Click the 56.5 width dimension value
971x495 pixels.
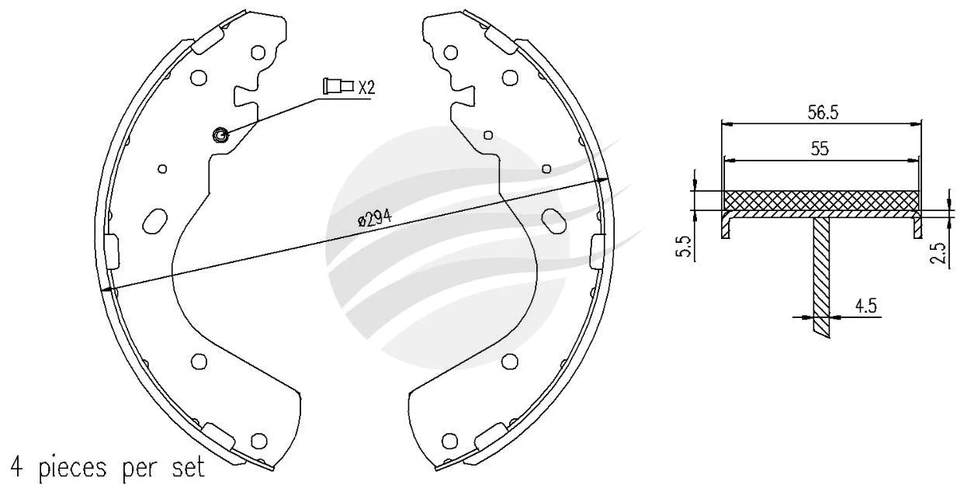pyautogui.click(x=822, y=112)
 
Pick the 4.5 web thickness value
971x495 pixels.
pyautogui.click(x=866, y=306)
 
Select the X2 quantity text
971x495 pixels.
pyautogui.click(x=366, y=87)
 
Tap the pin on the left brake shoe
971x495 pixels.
pyautogui.click(x=220, y=136)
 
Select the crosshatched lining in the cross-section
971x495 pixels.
pyautogui.click(x=821, y=200)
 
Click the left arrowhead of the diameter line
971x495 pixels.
pyautogui.click(x=106, y=289)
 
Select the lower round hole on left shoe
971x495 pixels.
pyautogui.click(x=199, y=361)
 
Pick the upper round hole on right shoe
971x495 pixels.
pyautogui.click(x=511, y=77)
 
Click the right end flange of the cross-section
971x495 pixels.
pyautogui.click(x=917, y=227)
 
